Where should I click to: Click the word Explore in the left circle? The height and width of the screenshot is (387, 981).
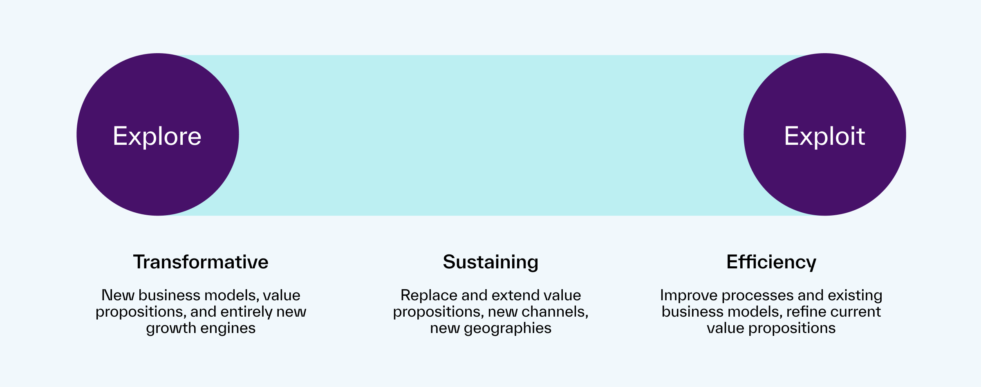pos(157,136)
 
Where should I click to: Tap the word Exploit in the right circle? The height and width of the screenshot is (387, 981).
pos(824,136)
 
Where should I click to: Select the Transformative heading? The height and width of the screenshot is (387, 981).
pos(201,262)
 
